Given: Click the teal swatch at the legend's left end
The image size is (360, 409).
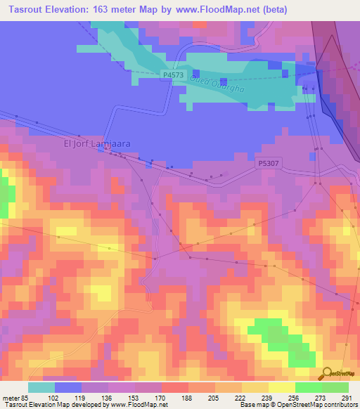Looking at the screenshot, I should point(41,387).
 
